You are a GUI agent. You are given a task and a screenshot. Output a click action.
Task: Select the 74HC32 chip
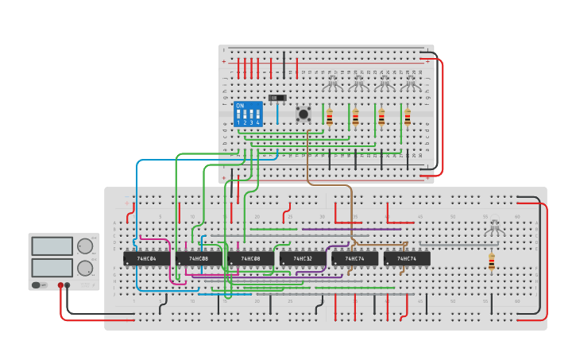point(303,258)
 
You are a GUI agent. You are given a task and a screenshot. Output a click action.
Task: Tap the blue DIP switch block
point(248,114)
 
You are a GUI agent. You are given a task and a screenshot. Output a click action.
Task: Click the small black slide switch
point(277,98)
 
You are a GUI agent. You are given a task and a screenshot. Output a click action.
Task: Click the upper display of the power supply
point(52,247)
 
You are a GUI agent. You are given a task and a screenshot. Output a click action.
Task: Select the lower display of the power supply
point(52,267)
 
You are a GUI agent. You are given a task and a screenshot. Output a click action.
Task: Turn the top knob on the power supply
point(84,246)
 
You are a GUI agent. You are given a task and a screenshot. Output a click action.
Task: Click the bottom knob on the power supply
point(84,268)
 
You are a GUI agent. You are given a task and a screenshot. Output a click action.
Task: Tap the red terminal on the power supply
point(60,285)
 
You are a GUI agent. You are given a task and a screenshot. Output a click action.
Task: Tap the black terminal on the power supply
point(68,285)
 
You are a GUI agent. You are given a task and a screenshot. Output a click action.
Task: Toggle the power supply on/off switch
point(37,285)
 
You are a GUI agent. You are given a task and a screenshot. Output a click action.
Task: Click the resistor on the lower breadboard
point(491,261)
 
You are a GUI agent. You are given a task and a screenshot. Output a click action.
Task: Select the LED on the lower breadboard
point(494,226)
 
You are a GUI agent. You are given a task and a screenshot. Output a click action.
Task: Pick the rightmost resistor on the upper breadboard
point(408,117)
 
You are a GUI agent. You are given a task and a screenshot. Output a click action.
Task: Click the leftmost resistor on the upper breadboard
point(330,117)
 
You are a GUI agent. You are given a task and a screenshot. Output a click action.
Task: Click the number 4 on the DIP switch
point(257,123)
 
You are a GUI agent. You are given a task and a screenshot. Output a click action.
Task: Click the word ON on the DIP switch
point(240,106)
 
